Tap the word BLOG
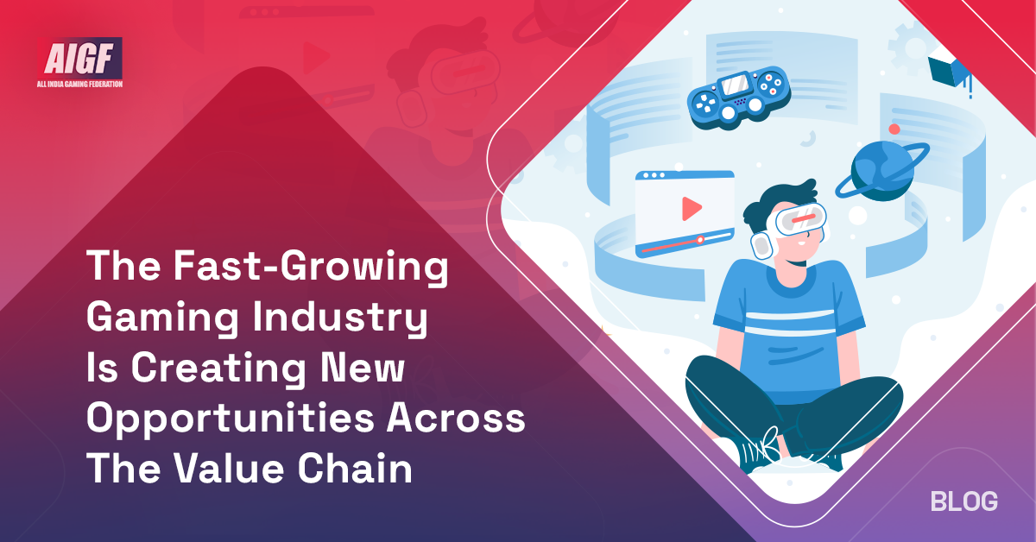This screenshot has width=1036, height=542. click(964, 501)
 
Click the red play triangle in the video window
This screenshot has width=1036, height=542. click(691, 208)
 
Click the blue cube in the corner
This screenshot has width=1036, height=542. click(947, 72)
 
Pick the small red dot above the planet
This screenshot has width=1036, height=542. click(894, 129)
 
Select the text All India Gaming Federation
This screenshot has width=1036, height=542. click(82, 85)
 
